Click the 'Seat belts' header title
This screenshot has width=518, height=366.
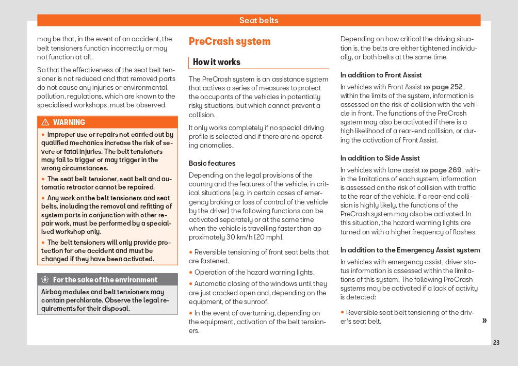point(258,21)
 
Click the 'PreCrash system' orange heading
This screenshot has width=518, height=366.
point(229,41)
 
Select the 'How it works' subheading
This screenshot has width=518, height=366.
point(217,62)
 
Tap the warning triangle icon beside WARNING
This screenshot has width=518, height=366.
point(45,122)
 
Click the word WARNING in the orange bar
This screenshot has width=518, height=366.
point(69,122)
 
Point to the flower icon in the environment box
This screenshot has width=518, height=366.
point(45,280)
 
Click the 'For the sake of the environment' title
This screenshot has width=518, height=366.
point(105,280)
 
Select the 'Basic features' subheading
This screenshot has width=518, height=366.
point(212,163)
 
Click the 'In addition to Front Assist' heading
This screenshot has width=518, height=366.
point(381,75)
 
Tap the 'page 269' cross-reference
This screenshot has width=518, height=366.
point(446,170)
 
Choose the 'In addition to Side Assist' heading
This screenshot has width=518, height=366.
point(380,158)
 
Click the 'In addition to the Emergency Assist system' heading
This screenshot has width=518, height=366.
point(410,250)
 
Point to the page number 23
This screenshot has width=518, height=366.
point(496,343)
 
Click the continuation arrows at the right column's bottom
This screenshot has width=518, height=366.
point(484,321)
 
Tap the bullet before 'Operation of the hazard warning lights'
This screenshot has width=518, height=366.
point(190,272)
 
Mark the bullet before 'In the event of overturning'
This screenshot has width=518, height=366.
point(190,313)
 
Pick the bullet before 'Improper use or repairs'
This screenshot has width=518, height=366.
point(43,135)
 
